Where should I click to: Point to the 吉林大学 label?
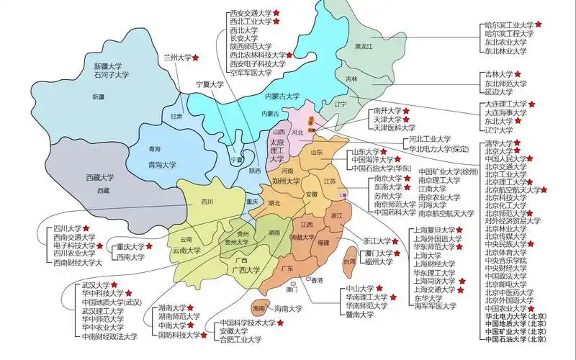click(498, 73)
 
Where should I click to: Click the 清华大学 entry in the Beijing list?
click(500, 144)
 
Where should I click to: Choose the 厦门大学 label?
click(377, 253)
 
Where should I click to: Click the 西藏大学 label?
click(100, 177)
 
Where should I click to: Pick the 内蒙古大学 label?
click(282, 96)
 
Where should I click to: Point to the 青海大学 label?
click(161, 165)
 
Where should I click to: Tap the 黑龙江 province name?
click(364, 46)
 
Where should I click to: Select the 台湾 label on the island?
click(348, 263)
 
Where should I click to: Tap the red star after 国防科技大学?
click(203, 335)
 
